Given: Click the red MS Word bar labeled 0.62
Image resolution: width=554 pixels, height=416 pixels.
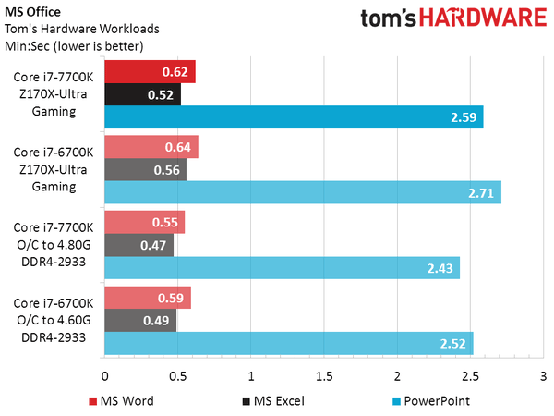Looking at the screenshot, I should pos(150,72).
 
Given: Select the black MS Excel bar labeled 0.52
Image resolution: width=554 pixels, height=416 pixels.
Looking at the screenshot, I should pos(142,95).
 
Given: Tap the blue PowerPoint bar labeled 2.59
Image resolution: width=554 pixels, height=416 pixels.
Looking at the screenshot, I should pos(294,117).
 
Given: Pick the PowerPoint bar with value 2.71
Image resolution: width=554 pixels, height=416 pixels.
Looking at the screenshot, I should pos(302,192).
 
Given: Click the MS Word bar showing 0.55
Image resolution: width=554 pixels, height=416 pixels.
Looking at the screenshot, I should pos(145,222).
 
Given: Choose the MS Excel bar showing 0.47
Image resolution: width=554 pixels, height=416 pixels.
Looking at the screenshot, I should pos(138,245).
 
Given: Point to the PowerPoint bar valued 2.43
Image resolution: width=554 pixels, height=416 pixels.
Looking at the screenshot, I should pos(282,267).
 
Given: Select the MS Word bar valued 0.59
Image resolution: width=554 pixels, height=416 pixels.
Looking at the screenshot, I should pos(148,298).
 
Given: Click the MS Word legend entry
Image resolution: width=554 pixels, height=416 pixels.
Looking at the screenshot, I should pos(121,401).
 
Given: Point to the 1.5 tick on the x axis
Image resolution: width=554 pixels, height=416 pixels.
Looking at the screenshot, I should pos(324,377).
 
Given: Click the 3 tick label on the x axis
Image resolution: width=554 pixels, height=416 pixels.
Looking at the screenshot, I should pos(543,377).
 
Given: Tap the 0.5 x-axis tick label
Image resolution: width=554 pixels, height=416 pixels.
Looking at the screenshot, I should pos(177,377).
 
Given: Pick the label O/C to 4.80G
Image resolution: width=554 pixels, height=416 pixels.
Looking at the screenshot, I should pos(54,244).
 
